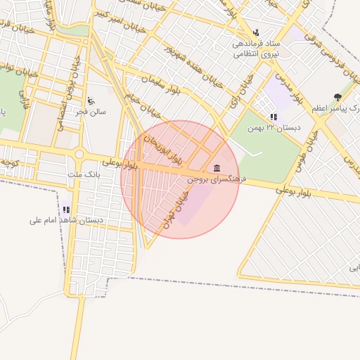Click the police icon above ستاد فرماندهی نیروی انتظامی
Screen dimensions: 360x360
point(256,32)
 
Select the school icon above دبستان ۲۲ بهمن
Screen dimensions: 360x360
point(273,117)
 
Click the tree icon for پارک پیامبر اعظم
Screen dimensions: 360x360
point(338,97)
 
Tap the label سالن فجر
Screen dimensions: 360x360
point(91,112)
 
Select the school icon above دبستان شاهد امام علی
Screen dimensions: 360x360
point(67,209)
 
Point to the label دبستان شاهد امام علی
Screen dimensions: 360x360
point(67,220)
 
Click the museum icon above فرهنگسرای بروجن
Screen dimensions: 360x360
point(216,168)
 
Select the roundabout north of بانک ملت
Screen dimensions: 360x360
point(79,154)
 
